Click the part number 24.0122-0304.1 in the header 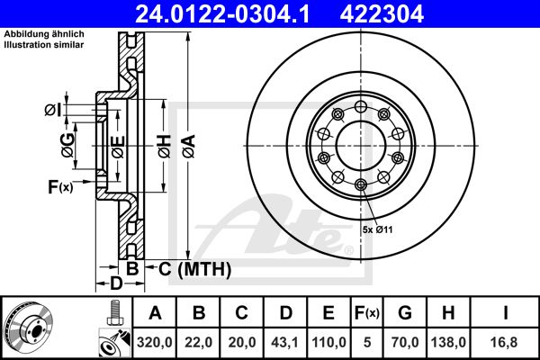[x=222, y=13]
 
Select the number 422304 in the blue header [x=382, y=13]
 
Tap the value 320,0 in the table [x=155, y=342]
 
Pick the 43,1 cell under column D [x=284, y=342]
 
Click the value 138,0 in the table [x=448, y=342]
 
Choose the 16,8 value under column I [x=505, y=342]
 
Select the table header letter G [x=405, y=313]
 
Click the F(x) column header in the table [x=367, y=313]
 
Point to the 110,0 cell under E [x=328, y=342]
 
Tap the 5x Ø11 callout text [x=377, y=229]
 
